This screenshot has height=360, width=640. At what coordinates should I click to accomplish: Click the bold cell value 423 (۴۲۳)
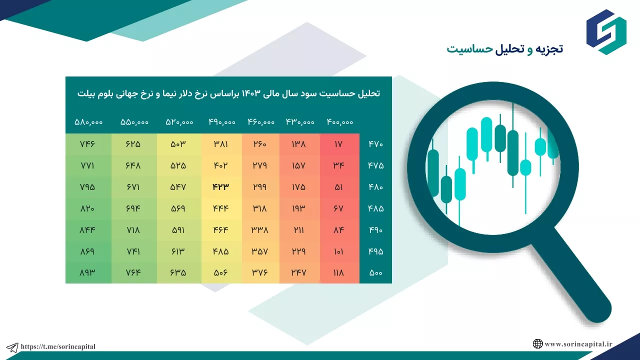(x=220, y=187)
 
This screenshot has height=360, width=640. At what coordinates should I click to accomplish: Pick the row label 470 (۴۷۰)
(x=375, y=144)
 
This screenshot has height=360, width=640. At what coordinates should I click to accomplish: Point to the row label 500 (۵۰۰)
(x=375, y=273)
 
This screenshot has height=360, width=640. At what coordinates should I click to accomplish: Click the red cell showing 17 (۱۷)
(x=338, y=144)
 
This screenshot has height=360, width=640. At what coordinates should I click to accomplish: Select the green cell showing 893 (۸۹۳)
(x=87, y=273)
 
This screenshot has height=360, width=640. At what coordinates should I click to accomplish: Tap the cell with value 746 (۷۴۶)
(x=87, y=144)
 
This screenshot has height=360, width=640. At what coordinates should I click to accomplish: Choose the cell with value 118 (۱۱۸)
(x=338, y=273)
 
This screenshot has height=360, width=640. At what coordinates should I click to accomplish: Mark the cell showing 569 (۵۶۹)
(x=178, y=208)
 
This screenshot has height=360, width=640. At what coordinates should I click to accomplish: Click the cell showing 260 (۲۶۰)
(x=259, y=144)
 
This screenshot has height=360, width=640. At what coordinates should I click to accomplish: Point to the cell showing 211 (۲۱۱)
(x=299, y=230)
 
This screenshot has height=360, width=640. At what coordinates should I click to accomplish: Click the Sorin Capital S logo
(x=606, y=31)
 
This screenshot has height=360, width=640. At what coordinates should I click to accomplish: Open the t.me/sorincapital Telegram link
(x=58, y=346)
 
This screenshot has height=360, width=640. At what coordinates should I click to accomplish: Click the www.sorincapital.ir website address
(x=578, y=344)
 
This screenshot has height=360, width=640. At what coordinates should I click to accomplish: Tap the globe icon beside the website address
(x=537, y=343)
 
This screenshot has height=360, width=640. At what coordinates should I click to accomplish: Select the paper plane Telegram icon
(x=12, y=347)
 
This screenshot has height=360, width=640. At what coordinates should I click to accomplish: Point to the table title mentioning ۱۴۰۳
(x=228, y=93)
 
